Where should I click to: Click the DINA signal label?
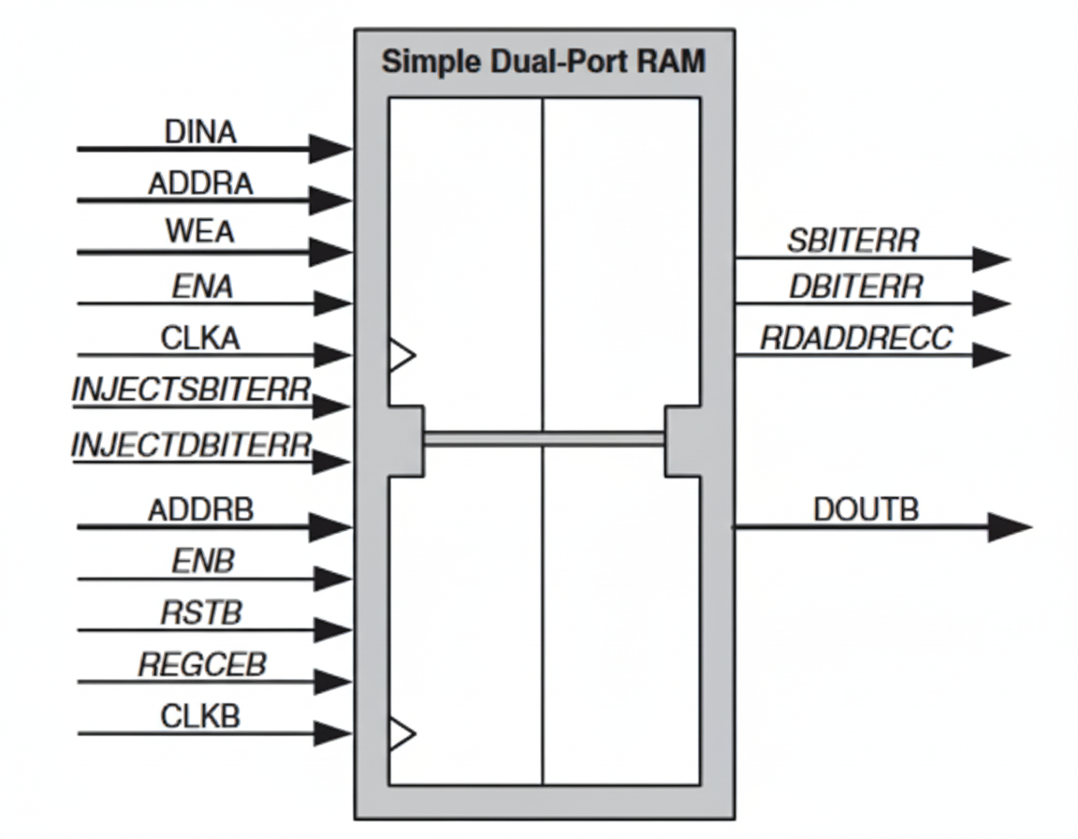(200, 132)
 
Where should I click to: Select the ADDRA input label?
(200, 184)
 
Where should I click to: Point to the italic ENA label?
(202, 287)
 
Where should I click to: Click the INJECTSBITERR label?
(192, 390)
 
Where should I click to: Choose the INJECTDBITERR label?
(192, 444)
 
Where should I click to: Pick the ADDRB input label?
(200, 510)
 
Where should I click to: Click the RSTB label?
(201, 613)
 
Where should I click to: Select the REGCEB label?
(202, 665)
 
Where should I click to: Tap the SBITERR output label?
(852, 241)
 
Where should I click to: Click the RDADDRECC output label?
(855, 338)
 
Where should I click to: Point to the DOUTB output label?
(866, 509)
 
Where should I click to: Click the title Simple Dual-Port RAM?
(543, 63)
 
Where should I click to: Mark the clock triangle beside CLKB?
(401, 733)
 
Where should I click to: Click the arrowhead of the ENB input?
(332, 579)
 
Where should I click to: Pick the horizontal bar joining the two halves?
(544, 437)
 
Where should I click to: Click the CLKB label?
(200, 716)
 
